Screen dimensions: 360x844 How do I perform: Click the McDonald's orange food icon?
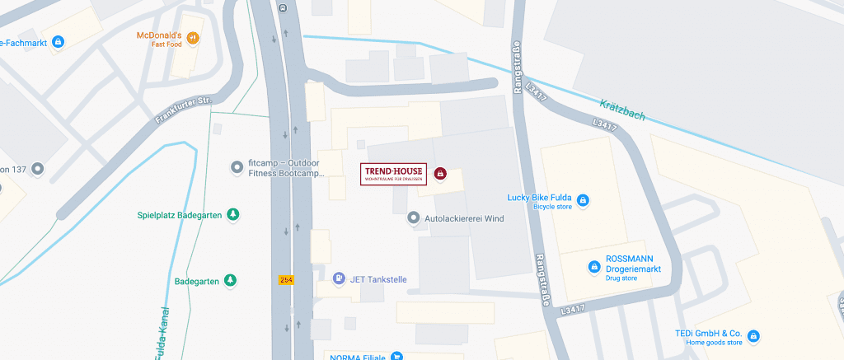point(193,37)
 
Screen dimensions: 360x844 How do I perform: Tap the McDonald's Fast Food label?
point(159,40)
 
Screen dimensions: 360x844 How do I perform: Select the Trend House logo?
point(394,174)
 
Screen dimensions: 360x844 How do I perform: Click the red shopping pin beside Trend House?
point(440,174)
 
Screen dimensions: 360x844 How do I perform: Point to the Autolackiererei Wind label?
point(463,219)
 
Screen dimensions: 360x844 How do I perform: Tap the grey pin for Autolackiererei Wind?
point(414,218)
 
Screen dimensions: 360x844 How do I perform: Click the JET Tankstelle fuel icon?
point(339,279)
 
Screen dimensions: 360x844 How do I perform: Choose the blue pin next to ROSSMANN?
point(593,266)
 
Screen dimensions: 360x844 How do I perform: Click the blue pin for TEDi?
point(753,335)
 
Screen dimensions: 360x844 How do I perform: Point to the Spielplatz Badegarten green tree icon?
point(233,215)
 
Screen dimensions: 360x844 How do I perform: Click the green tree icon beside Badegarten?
point(230,281)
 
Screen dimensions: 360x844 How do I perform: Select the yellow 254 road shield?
point(286,280)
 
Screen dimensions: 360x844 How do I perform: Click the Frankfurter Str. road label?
point(182,111)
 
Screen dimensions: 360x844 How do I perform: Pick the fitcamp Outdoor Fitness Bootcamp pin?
point(237,167)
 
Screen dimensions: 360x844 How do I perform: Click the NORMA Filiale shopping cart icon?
point(397,357)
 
